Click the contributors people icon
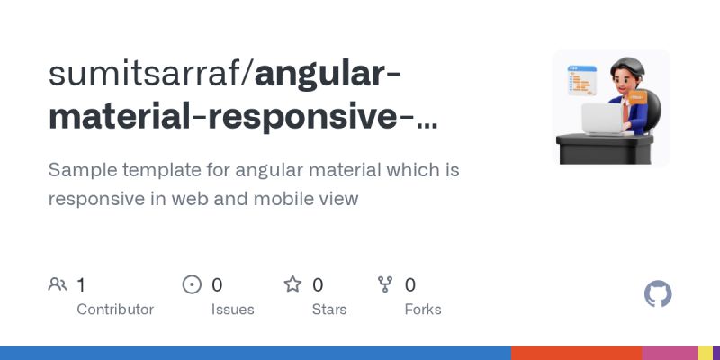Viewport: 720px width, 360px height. pos(58,285)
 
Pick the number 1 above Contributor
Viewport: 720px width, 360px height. pos(81,285)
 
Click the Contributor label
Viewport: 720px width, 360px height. pos(115,310)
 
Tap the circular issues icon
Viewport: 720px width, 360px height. pos(192,285)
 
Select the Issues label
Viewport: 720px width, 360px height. pos(232,310)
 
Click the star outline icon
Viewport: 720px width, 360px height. pos(292,285)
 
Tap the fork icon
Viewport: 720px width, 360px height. pos(385,285)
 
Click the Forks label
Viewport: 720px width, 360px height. pos(422,310)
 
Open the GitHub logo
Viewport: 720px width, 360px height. pos(659,294)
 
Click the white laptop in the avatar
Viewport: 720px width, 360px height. pos(603,117)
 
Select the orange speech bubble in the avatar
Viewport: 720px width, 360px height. pos(637,95)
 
